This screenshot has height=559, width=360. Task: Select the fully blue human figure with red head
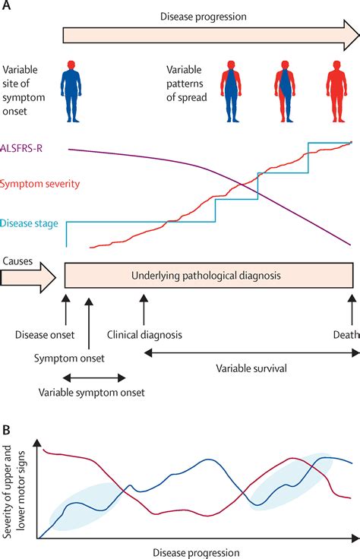[73, 93]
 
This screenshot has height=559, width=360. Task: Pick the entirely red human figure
[335, 93]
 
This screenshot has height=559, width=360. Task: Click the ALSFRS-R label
[26, 150]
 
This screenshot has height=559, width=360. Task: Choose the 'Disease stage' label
[31, 223]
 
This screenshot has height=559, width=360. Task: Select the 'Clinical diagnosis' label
[144, 334]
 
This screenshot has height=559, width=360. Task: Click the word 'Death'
[346, 334]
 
